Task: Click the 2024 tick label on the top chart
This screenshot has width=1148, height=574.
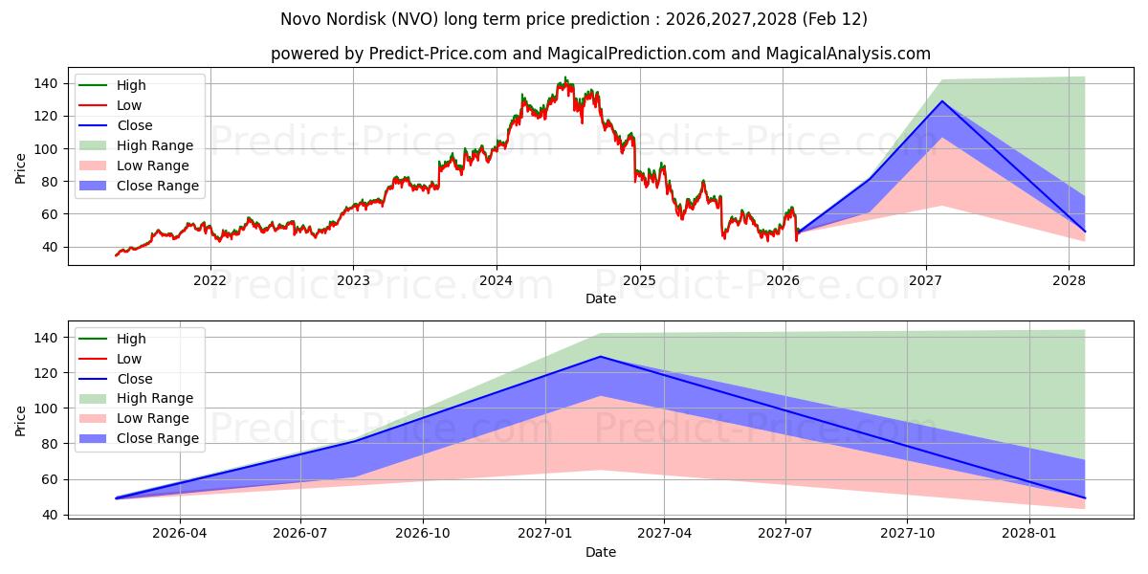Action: (x=496, y=280)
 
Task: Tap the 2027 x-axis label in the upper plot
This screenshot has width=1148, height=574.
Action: (x=925, y=280)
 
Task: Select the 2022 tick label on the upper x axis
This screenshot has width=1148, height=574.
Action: (x=210, y=280)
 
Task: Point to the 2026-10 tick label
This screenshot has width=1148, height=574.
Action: (x=423, y=533)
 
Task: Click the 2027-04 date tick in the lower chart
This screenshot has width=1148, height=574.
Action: (x=664, y=533)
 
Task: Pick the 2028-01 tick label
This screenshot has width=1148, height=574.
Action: (x=1029, y=533)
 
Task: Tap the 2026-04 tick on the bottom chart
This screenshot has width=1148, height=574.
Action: (x=180, y=533)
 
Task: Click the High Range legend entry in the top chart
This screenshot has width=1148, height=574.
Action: (x=155, y=145)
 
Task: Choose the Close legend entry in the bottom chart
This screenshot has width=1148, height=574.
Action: (x=134, y=379)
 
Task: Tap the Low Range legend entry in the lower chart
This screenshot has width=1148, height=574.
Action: (x=152, y=418)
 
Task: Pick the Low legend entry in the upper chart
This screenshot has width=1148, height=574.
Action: (x=129, y=105)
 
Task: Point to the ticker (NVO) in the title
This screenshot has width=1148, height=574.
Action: (x=434, y=19)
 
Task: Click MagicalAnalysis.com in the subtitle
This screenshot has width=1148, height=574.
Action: (x=848, y=54)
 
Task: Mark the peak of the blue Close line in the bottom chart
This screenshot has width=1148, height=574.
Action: (x=600, y=357)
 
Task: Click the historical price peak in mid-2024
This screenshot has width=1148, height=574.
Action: (x=565, y=78)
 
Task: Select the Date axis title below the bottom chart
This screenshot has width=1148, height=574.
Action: (x=601, y=552)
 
